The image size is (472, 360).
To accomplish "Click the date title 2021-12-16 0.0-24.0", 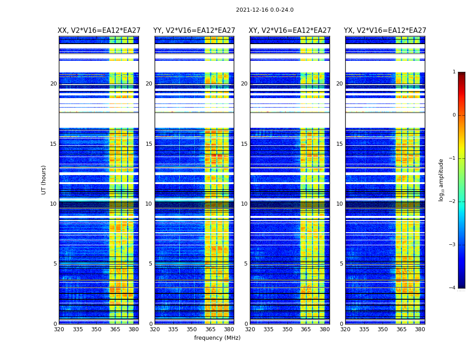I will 264,10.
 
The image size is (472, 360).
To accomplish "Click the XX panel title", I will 99,31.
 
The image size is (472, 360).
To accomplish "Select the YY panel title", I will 194,31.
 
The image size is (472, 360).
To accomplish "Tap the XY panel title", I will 290,31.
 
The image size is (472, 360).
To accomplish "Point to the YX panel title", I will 385,31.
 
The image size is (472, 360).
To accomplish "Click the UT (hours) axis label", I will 44,180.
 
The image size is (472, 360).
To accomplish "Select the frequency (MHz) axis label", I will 217,338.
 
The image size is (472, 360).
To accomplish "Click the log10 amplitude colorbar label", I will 441,180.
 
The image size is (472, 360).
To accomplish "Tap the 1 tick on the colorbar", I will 454,72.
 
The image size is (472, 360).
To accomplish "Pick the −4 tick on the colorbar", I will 453,288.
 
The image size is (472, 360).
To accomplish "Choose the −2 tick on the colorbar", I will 453,202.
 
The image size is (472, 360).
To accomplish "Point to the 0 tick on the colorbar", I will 454,115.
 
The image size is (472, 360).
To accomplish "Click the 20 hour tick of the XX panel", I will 53,84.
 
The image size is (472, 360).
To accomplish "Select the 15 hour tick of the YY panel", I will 149,144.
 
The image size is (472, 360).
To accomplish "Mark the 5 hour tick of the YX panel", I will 341,264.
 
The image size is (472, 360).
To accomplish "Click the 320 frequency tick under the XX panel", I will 59,329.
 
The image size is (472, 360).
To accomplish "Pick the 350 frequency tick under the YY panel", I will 192,329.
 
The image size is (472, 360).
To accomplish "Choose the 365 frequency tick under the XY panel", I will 306,329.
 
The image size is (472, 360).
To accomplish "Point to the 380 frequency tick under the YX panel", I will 420,329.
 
